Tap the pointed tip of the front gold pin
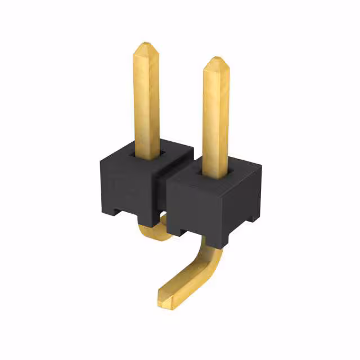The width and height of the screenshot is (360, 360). [215, 60]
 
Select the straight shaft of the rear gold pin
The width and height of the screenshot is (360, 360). [146, 101]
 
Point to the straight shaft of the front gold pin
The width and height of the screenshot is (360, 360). [215, 118]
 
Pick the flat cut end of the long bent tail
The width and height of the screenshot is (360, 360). [164, 298]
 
